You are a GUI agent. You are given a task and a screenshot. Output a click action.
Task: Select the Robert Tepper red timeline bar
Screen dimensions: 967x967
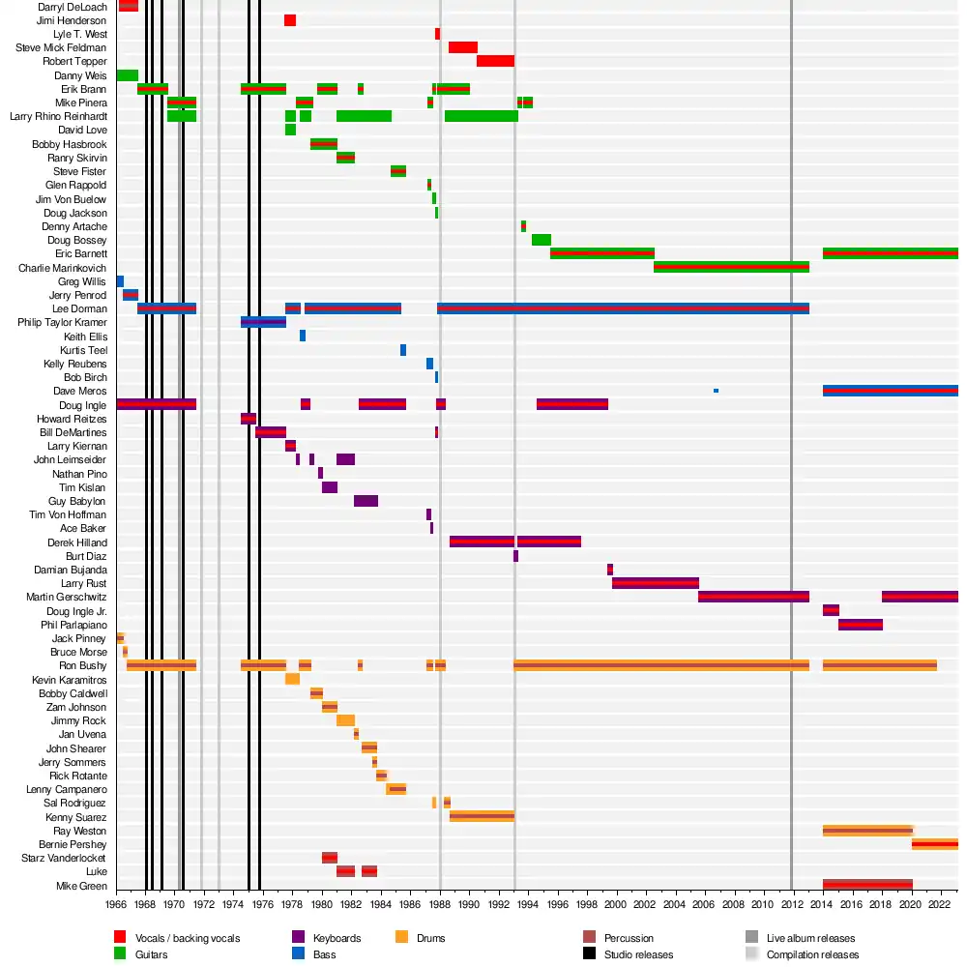pos(495,61)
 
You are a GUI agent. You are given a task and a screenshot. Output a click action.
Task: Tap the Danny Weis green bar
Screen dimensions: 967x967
pos(127,75)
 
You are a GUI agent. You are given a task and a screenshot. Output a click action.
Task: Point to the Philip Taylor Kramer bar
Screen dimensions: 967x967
pos(263,322)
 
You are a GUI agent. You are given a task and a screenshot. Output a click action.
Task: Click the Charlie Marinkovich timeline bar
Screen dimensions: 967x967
pos(731,267)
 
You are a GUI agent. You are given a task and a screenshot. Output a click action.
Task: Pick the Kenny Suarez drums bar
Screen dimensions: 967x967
pos(482,816)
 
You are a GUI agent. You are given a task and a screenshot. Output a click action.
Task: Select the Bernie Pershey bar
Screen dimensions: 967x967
pos(934,844)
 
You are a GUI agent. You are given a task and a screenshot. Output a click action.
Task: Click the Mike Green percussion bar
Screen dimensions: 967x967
pos(867,885)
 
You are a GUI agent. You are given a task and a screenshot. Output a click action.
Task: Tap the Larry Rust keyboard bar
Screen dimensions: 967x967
pos(655,583)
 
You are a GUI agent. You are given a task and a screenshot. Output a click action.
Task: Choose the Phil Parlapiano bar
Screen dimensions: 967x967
pos(860,625)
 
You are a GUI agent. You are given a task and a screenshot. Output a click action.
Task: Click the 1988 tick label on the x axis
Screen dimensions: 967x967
pos(440,905)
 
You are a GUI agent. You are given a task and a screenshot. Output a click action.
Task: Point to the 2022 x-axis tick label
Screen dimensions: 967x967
pos(940,905)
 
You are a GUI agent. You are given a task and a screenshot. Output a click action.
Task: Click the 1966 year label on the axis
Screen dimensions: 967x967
pos(116,905)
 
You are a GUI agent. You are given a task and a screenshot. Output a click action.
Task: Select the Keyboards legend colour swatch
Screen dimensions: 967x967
pos(297,938)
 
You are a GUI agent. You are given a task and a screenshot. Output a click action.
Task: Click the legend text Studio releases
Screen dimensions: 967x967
pos(638,954)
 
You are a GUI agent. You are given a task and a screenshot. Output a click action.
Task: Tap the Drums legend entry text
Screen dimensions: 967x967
pos(430,938)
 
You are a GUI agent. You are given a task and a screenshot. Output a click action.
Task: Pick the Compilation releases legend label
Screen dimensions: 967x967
pos(812,954)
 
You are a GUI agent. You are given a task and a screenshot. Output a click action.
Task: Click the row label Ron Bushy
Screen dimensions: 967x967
pos(83,666)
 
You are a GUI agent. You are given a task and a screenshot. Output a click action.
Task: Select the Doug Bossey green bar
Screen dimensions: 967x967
pos(541,240)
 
